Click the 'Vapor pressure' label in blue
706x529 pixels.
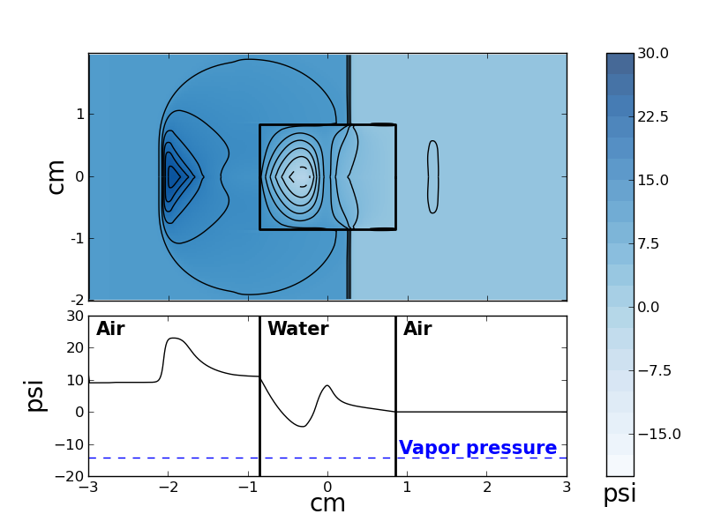[x=477, y=448]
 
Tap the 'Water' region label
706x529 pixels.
[x=297, y=330]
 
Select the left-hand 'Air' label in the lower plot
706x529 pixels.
[x=110, y=330]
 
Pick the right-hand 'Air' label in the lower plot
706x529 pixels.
[x=417, y=330]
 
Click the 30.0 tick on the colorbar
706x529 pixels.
[x=653, y=54]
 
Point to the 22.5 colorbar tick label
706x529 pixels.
[x=653, y=117]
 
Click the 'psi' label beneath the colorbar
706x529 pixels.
[x=620, y=494]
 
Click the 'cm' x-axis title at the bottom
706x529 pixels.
[x=327, y=504]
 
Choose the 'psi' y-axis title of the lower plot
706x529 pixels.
[x=34, y=396]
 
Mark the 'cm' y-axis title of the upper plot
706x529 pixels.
[x=56, y=176]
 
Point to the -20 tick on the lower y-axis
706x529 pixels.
[x=71, y=476]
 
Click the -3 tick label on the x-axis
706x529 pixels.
[x=88, y=487]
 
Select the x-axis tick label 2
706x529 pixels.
[x=486, y=487]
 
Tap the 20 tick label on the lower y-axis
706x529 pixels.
[x=74, y=347]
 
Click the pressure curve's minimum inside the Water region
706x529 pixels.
[x=302, y=427]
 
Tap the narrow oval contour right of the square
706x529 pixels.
[x=432, y=176]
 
